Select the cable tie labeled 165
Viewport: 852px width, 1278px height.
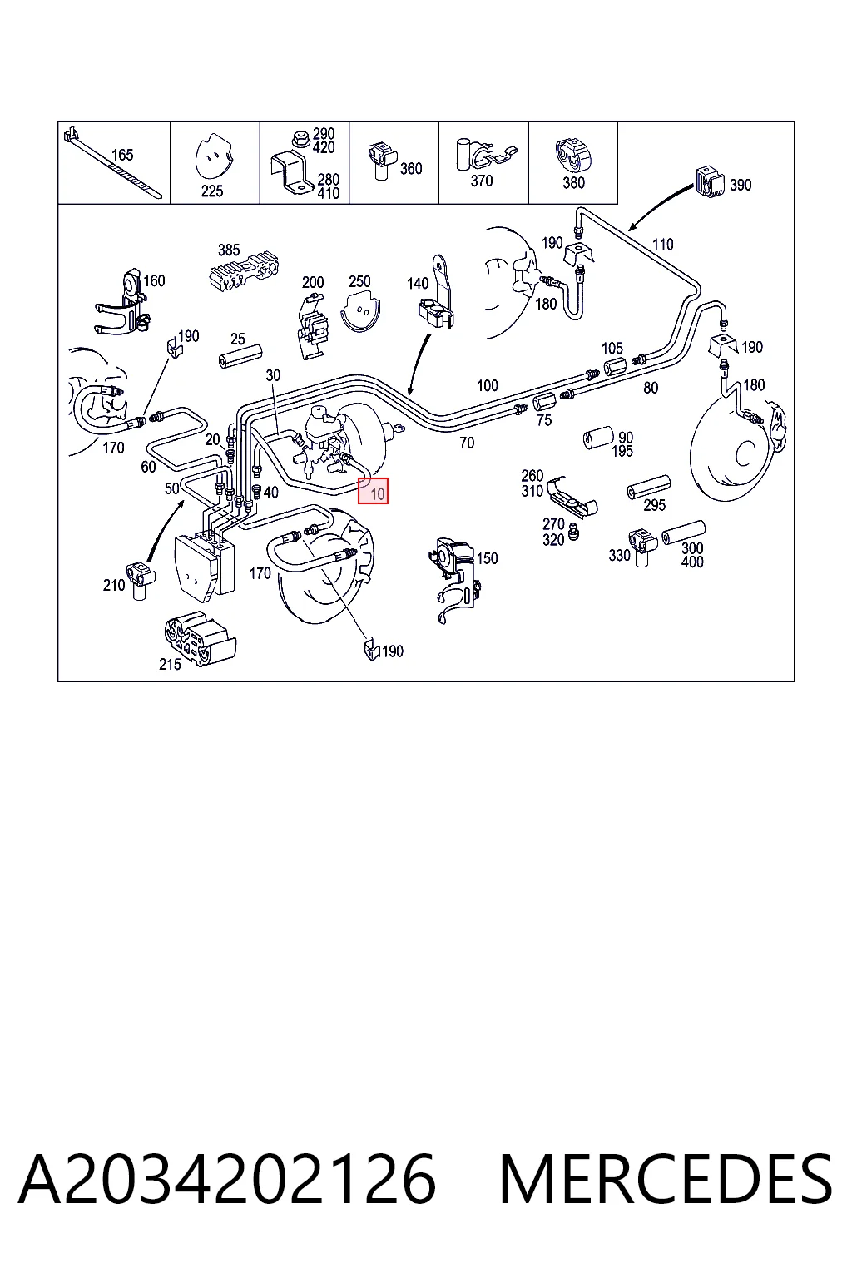pos(113,162)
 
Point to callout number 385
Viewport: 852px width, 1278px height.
pos(229,250)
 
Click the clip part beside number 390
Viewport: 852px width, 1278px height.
pos(710,182)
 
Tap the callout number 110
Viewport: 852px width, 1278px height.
pos(662,245)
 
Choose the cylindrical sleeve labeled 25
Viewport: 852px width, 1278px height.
pos(240,357)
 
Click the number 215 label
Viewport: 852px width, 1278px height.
pos(170,664)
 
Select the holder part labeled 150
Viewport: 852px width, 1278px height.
pos(453,577)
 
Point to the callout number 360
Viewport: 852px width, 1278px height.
pos(411,169)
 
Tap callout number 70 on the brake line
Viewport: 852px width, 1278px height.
pos(467,443)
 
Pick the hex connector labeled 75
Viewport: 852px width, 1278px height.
pos(544,404)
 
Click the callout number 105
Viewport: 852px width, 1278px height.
pos(612,348)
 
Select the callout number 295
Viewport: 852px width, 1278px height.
pos(654,505)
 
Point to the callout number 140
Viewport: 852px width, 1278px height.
pos(418,284)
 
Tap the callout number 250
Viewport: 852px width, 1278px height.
pos(359,281)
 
